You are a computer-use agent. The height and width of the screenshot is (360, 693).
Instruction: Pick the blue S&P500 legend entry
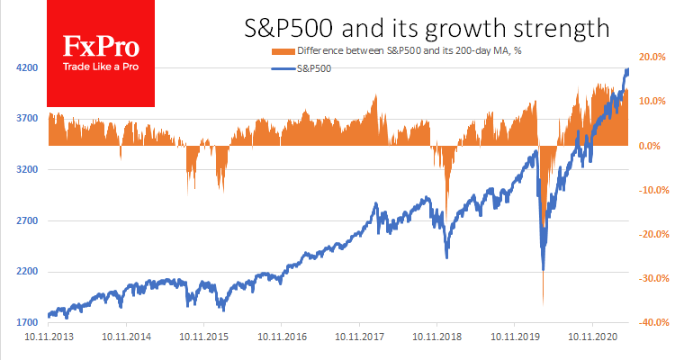(x=311, y=67)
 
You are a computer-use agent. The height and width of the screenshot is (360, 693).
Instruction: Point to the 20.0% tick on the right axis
(x=652, y=58)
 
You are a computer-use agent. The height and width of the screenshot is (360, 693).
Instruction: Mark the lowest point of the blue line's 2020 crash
(x=543, y=269)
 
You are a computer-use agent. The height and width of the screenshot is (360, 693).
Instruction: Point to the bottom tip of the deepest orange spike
(x=543, y=303)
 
